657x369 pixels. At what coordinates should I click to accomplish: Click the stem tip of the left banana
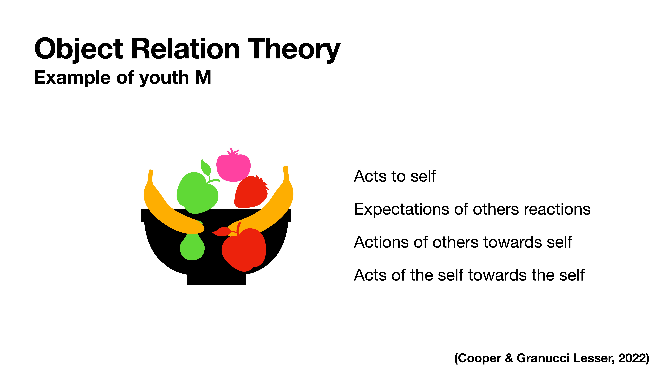[151, 171]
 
